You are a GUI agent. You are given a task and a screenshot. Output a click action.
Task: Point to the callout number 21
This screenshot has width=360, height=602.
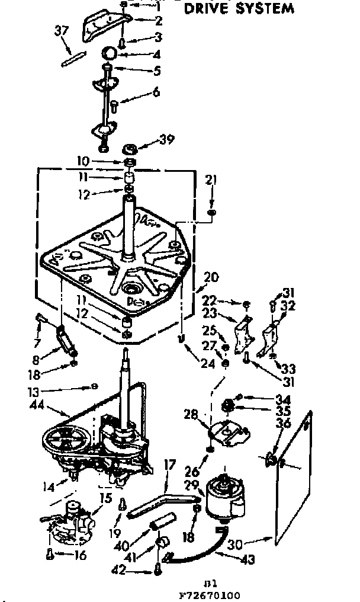coord(211,179)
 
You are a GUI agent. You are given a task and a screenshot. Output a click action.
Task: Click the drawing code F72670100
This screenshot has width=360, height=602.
coord(202,595)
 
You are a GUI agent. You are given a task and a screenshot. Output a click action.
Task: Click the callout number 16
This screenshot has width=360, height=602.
coord(79,555)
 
